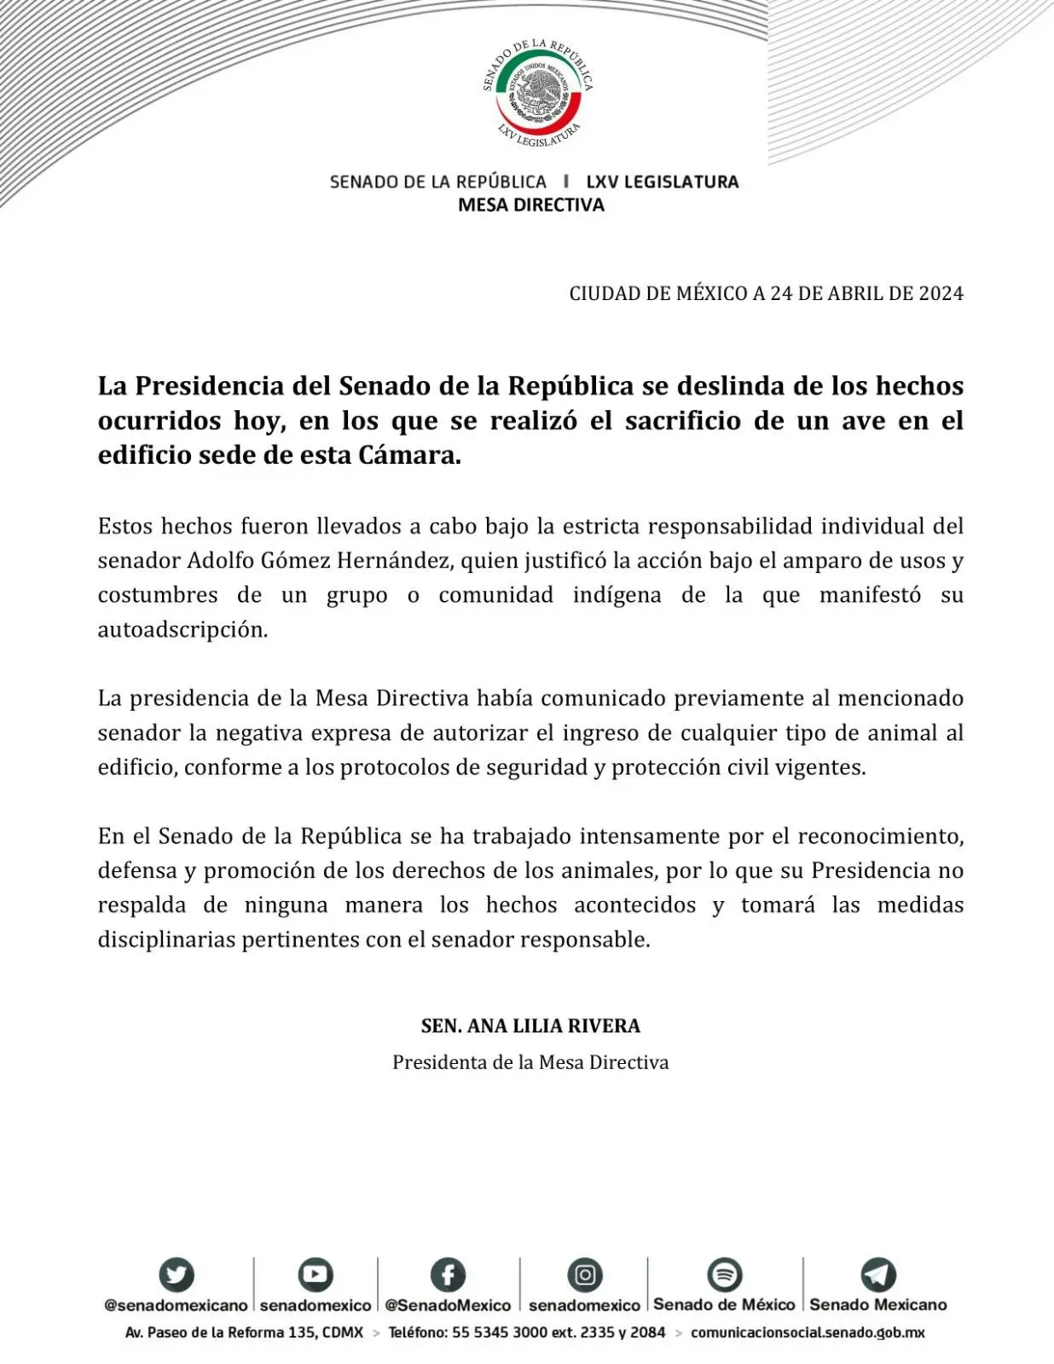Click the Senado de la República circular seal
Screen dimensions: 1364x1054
coord(537,92)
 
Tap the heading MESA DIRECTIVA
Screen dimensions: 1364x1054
coord(530,205)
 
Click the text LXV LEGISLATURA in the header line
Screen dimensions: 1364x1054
coord(662,182)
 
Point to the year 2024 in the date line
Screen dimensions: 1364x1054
coord(941,293)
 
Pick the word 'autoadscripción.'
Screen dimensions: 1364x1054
coord(182,630)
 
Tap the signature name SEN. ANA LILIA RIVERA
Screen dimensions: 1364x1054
coord(530,1026)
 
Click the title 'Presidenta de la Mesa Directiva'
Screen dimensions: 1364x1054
coord(530,1062)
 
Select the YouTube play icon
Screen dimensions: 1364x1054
coord(315,1274)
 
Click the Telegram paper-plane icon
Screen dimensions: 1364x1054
coord(877,1274)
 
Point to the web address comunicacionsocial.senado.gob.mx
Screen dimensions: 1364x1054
coord(808,1332)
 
